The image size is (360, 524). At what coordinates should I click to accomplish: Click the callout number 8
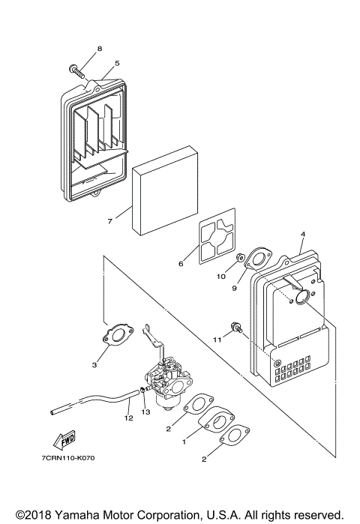(x=98, y=49)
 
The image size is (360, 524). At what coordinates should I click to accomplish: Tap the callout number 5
(x=117, y=64)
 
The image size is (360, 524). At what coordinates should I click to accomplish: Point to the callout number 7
(x=109, y=221)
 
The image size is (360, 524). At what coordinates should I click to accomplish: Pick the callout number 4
(x=303, y=235)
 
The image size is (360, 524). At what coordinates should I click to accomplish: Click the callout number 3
(x=95, y=364)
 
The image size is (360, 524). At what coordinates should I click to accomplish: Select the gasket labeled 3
(x=117, y=336)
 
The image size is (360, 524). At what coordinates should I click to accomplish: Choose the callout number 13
(x=145, y=412)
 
